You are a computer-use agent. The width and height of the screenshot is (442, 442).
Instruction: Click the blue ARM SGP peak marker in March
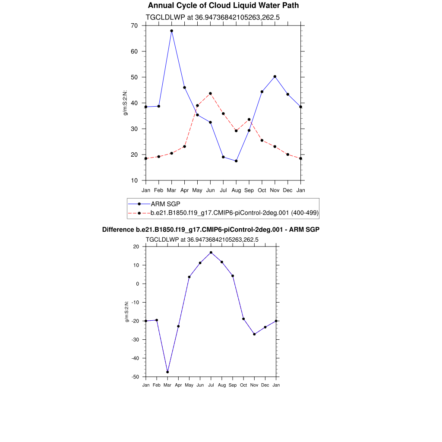tap(171, 31)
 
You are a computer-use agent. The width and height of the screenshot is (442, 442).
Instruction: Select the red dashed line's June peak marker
tap(210, 93)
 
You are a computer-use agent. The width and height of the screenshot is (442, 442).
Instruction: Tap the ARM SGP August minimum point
tap(236, 161)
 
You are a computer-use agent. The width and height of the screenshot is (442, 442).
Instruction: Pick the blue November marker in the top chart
tap(275, 76)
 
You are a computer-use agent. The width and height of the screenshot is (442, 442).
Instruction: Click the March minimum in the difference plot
tap(167, 372)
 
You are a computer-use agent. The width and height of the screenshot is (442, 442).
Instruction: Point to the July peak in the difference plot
tap(211, 253)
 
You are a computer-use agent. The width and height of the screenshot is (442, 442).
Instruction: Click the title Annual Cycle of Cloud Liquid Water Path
tap(223, 6)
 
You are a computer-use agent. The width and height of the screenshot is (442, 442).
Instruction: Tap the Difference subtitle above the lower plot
tap(211, 230)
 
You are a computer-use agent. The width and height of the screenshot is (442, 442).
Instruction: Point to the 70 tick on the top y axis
tap(134, 26)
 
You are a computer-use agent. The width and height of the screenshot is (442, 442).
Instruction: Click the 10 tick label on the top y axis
tap(134, 180)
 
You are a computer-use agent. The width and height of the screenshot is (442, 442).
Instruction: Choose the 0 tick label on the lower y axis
tap(138, 284)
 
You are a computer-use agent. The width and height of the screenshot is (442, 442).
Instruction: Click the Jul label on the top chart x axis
tap(223, 190)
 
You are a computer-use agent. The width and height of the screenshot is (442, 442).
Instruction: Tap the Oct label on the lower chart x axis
tap(243, 385)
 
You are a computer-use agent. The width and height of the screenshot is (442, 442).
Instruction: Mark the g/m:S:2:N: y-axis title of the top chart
tap(126, 103)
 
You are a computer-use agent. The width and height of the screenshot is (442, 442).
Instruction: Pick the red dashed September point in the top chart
tap(249, 120)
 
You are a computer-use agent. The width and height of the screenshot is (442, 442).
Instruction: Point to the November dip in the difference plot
tap(254, 334)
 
